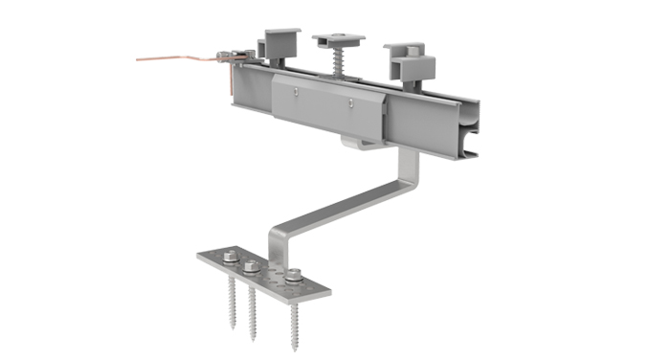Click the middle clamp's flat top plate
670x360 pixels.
click(339, 39)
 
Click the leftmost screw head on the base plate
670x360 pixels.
click(231, 257)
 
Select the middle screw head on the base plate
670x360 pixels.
click(252, 267)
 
